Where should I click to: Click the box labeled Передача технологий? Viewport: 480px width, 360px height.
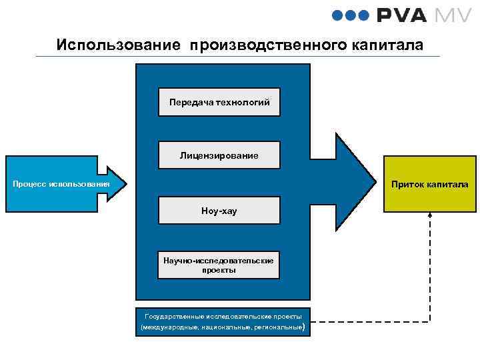click(219, 102)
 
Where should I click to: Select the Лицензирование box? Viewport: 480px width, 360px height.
click(219, 155)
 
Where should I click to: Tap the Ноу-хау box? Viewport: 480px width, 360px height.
click(219, 210)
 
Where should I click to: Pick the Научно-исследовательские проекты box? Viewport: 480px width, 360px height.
click(219, 265)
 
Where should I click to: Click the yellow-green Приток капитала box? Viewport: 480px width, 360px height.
click(429, 184)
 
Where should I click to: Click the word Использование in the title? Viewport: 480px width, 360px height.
click(118, 45)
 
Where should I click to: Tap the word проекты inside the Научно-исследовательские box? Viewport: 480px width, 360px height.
click(219, 270)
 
